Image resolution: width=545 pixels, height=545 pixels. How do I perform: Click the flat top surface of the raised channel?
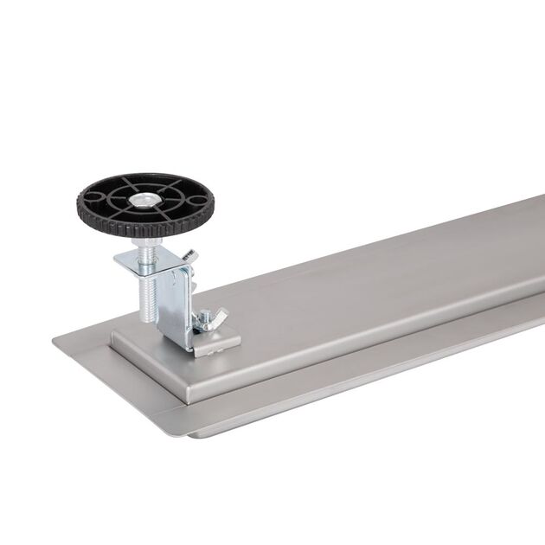point(346,294)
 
